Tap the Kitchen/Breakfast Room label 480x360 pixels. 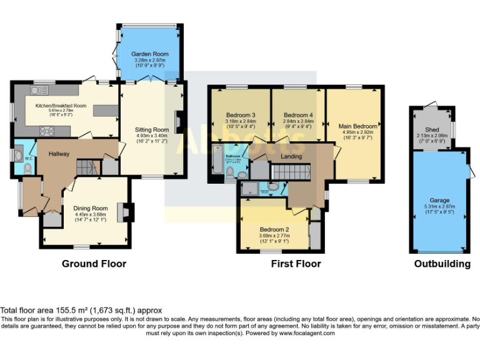point(61,106)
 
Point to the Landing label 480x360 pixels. point(291,156)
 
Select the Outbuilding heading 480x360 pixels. point(442,264)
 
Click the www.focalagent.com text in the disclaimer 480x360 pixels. point(301,333)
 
